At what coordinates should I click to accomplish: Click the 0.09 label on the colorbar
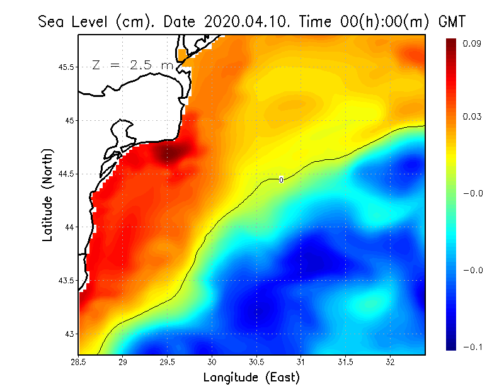pos(472,43)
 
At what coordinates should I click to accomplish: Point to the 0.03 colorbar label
pos(472,117)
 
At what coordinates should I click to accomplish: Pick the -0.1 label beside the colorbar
pos(472,347)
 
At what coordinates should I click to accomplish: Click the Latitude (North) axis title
pos(47,194)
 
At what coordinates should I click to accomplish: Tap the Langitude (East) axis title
pos(251,377)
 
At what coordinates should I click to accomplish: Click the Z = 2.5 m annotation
pos(132,65)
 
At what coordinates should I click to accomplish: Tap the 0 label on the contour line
pos(281,180)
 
